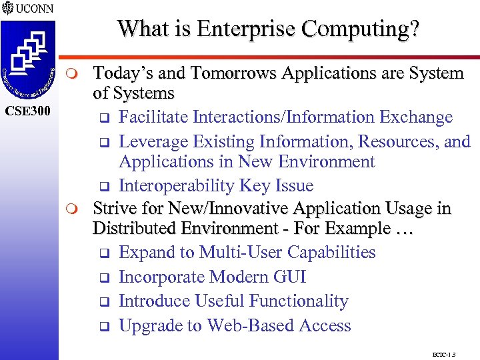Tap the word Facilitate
154,117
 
